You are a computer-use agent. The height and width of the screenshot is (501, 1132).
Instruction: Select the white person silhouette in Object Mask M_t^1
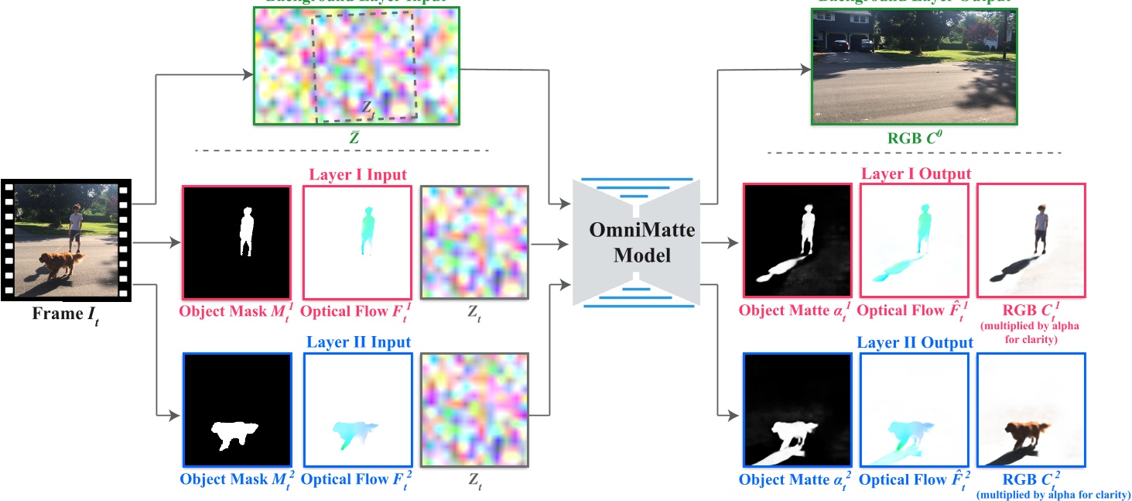(x=247, y=232)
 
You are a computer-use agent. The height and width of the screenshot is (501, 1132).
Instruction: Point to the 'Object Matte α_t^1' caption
(x=795, y=311)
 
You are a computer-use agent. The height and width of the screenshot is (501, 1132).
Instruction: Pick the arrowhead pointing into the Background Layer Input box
(x=250, y=75)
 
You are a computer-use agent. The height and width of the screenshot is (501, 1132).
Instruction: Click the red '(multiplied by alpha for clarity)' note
(x=1030, y=331)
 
